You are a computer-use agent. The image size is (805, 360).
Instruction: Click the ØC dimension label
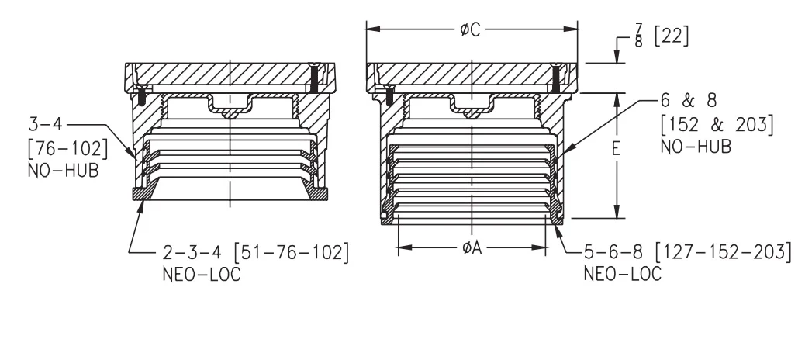coord(470,30)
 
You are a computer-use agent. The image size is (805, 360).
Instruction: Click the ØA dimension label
coord(472,248)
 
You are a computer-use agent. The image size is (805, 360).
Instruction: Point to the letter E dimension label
coord(617,148)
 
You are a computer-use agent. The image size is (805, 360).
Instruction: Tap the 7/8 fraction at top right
coord(638,36)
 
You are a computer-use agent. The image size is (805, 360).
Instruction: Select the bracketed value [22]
coord(672,36)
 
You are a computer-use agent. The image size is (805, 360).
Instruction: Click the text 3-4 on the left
coord(47,124)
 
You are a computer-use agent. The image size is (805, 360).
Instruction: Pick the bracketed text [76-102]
coord(67,149)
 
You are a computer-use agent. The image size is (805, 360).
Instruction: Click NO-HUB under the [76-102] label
coord(63,171)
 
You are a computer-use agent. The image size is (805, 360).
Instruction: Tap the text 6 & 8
coord(689,101)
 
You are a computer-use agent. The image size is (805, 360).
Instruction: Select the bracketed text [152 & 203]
coord(717,124)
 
